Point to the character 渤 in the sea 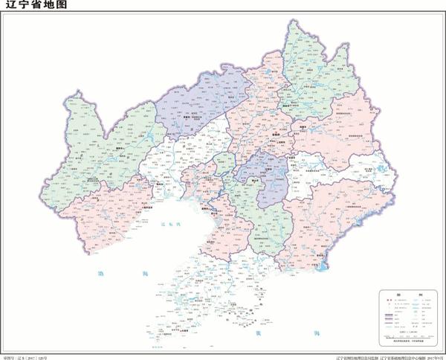(102, 274)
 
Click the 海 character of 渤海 (146, 274)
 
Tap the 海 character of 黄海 (317, 332)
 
